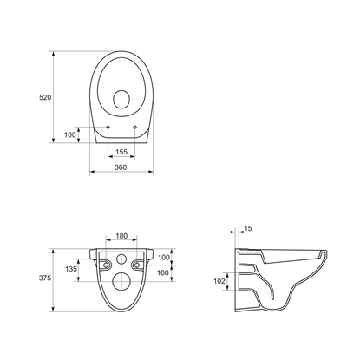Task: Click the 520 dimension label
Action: pos(45,97)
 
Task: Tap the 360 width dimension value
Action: pos(121,167)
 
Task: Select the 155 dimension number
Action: pos(121,152)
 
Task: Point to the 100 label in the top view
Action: pos(70,134)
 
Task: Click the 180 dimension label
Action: pos(121,236)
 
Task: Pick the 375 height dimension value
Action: pos(45,278)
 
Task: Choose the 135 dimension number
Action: pos(71,269)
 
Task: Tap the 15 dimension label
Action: pos(248,228)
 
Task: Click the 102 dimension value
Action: pos(219,281)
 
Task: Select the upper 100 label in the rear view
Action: pos(164,258)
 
